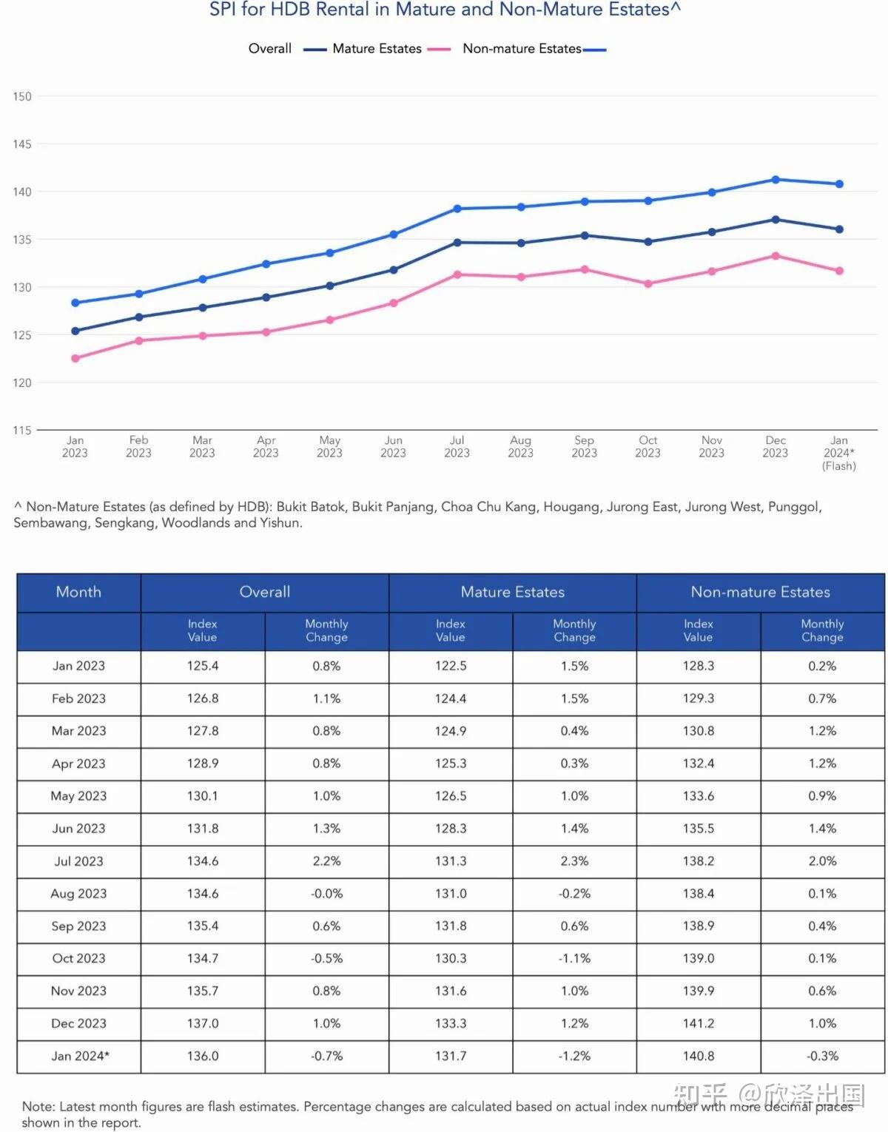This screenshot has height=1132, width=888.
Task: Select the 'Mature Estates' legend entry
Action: point(377,49)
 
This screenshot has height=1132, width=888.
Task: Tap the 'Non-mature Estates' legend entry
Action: point(522,49)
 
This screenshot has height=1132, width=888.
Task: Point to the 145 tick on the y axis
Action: point(22,144)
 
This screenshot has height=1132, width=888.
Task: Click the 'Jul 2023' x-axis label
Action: point(457,447)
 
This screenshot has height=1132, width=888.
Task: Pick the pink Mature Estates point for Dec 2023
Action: point(776,256)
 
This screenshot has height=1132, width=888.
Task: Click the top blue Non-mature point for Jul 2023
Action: point(457,209)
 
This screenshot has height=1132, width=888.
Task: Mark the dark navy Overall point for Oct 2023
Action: point(648,242)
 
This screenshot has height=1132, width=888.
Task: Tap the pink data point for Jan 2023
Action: point(75,358)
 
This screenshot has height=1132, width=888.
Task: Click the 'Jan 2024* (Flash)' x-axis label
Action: point(838,453)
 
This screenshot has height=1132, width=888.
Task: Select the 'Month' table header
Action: point(78,592)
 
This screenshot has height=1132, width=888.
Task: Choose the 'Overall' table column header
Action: point(265,592)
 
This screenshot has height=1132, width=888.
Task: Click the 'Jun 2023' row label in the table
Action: point(78,829)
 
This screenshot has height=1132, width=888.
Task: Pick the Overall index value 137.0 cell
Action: point(203,1023)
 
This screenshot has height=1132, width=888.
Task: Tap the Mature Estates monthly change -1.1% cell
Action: point(574,958)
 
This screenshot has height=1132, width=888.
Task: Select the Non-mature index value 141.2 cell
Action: point(699,1023)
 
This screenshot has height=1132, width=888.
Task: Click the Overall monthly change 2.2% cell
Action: point(326,861)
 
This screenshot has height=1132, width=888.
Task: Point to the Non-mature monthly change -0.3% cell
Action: point(822,1056)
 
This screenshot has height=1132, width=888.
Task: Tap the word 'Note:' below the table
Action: point(38,1107)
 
